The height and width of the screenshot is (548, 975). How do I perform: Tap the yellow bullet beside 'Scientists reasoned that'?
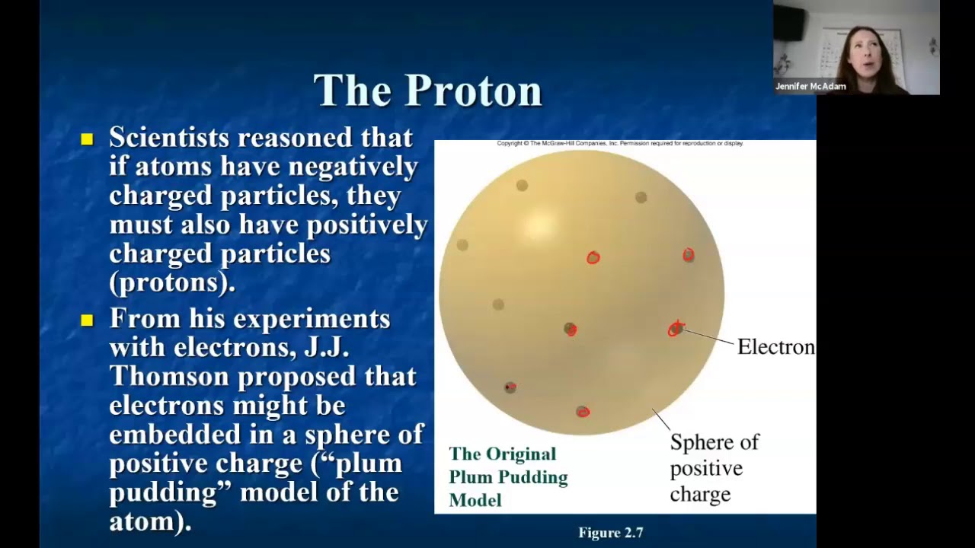click(87, 139)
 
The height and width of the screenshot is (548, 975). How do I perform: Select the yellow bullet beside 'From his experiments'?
click(87, 320)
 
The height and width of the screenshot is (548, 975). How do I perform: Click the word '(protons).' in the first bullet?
click(172, 283)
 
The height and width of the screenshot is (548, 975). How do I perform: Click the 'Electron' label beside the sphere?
click(775, 347)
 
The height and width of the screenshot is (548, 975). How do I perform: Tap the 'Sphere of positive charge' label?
click(713, 468)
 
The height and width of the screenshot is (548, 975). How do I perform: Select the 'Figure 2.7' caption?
click(610, 533)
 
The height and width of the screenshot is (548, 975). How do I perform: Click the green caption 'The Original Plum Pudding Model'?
click(507, 477)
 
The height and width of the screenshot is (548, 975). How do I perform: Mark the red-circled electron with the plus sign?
click(676, 329)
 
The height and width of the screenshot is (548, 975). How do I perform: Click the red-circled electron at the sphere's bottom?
click(583, 412)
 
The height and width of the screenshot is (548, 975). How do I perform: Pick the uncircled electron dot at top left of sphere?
click(522, 186)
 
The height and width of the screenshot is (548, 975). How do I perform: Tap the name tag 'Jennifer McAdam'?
click(810, 87)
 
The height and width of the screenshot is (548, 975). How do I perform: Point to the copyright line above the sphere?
click(619, 143)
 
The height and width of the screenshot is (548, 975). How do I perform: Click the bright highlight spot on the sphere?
click(540, 225)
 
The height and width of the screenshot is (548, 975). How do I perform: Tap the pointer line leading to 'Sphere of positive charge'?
click(660, 419)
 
